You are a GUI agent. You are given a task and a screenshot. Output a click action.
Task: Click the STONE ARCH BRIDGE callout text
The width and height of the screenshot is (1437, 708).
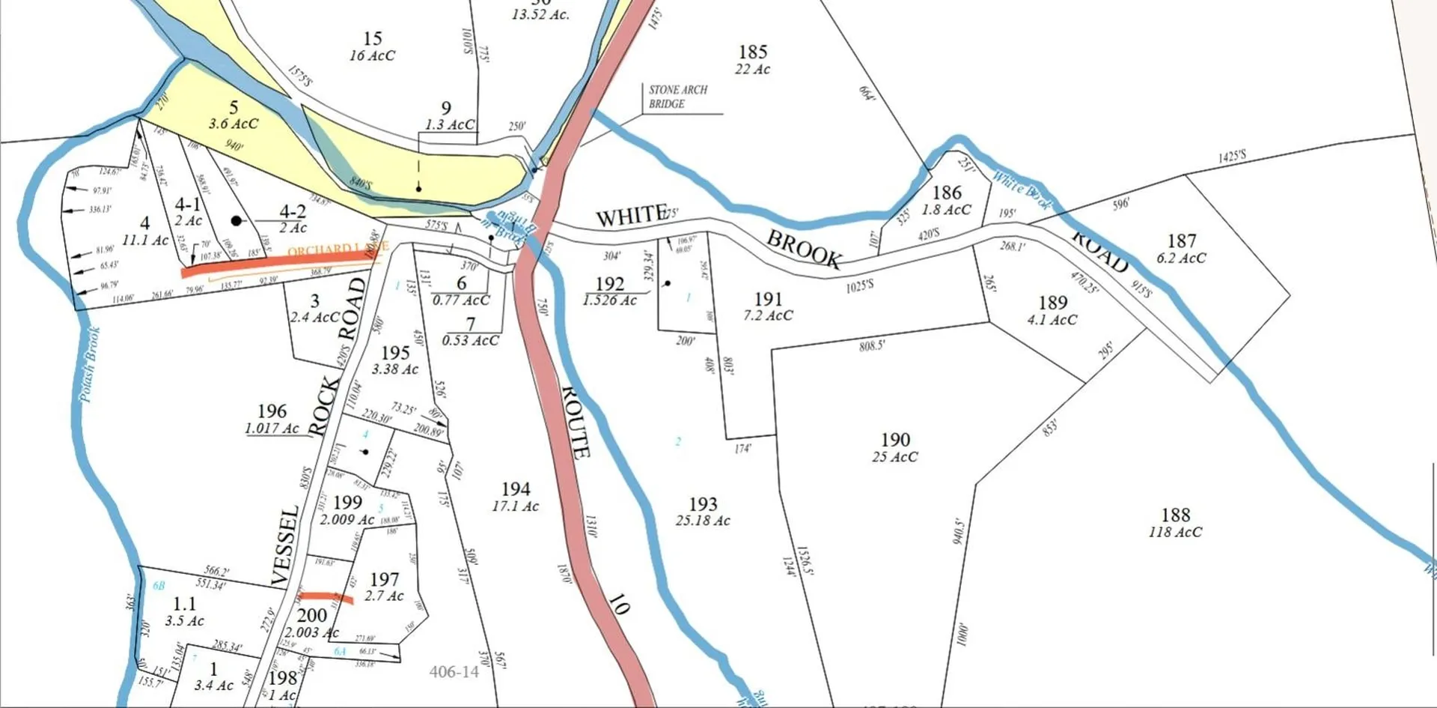[x=677, y=97]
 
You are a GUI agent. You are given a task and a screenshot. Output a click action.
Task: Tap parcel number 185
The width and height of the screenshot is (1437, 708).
[x=753, y=52]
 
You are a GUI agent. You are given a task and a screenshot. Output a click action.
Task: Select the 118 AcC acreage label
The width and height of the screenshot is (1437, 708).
[x=1175, y=532]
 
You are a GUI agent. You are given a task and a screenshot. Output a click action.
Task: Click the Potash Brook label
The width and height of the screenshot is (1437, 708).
[x=90, y=365]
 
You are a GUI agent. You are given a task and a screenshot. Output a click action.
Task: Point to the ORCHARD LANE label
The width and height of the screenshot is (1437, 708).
[x=338, y=249]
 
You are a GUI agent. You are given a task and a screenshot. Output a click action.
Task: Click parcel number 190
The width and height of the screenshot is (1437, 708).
[x=895, y=440]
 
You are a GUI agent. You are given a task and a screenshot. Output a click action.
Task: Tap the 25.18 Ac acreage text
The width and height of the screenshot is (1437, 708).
[x=702, y=521]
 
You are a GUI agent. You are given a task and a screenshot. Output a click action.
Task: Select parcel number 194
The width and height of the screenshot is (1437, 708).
[x=516, y=489]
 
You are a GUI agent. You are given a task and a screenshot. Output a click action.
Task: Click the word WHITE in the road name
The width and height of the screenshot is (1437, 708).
[x=630, y=217]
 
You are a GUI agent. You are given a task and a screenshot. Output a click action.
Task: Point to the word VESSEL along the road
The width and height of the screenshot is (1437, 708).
[x=285, y=545]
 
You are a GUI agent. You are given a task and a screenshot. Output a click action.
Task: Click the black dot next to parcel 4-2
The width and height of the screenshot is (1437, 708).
[x=237, y=220]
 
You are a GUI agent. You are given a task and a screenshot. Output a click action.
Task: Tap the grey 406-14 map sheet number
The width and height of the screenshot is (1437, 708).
[x=454, y=672]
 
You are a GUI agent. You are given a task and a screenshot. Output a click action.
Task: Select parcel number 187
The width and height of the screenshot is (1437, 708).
[x=1181, y=240]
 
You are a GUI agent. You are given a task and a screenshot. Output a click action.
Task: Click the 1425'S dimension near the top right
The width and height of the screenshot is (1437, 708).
[x=1232, y=156]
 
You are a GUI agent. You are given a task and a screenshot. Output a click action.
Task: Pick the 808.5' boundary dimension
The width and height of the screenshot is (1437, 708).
[x=872, y=345]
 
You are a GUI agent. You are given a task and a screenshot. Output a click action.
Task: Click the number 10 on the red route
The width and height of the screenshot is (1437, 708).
[x=617, y=605]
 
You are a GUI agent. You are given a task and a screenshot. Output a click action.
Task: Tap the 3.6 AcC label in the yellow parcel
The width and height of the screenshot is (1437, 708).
[x=233, y=124]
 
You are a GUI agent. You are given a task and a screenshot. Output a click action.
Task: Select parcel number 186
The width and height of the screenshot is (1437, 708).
[x=946, y=193]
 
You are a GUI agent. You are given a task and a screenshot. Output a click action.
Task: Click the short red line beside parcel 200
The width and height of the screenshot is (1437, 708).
[x=326, y=597]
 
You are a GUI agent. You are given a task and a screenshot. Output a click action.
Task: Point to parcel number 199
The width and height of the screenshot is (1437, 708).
[x=347, y=502]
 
